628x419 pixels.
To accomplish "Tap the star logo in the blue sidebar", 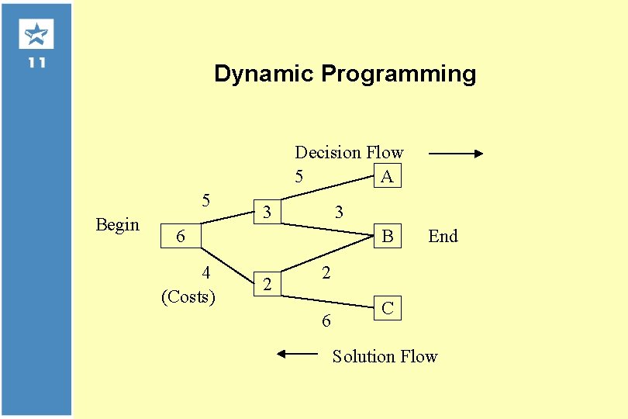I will [x=36, y=34].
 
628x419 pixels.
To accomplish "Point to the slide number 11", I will [x=36, y=63].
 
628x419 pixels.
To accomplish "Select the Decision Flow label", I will [x=349, y=152].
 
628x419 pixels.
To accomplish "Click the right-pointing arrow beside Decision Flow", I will [x=455, y=154].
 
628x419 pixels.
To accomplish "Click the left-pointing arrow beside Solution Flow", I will [x=298, y=354].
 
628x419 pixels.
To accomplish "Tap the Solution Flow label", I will [x=385, y=356].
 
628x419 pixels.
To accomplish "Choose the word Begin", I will [x=117, y=224].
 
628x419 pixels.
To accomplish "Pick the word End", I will [x=443, y=236].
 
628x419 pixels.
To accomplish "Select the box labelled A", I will [x=387, y=176].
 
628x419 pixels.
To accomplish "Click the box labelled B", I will [x=387, y=236].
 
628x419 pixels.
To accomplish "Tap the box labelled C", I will [x=387, y=308].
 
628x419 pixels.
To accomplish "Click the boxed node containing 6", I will [x=181, y=236].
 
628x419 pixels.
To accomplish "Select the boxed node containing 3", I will [x=267, y=211].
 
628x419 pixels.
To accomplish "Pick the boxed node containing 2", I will [x=267, y=284].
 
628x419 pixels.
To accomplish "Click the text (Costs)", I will [x=188, y=296].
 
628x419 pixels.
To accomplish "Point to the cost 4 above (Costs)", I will [x=205, y=272].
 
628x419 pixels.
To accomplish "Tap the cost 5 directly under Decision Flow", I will [x=298, y=176].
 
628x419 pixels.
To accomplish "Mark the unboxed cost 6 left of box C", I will [x=326, y=320].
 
